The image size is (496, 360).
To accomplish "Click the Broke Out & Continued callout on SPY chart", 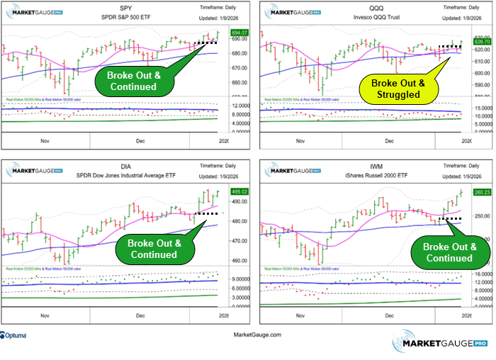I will coord(132,81).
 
